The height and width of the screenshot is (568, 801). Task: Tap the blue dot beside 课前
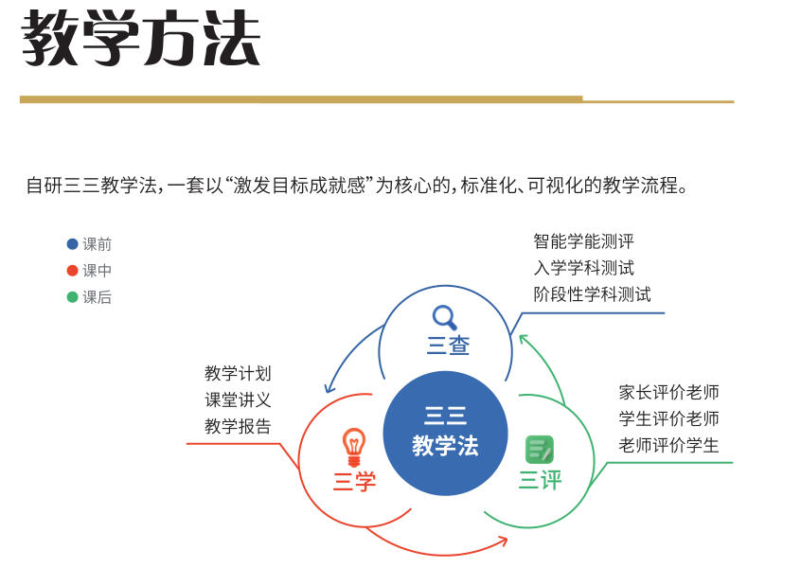click(x=72, y=244)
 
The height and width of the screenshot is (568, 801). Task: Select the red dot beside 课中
click(x=72, y=271)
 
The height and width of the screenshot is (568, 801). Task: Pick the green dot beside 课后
click(x=72, y=297)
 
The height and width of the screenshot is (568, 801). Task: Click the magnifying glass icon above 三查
click(x=444, y=316)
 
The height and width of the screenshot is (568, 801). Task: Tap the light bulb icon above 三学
click(x=353, y=443)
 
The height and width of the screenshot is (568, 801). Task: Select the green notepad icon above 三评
click(x=540, y=449)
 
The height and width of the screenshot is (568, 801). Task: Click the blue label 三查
click(x=448, y=346)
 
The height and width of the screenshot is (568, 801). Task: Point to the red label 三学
click(x=354, y=482)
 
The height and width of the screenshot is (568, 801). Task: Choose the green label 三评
click(x=540, y=480)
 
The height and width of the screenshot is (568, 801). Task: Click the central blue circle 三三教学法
click(x=445, y=433)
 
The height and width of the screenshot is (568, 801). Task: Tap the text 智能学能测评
click(x=583, y=241)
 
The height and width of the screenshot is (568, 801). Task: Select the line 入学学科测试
click(x=583, y=268)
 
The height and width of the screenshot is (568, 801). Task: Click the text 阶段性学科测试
click(x=592, y=294)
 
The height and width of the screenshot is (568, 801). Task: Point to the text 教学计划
click(x=238, y=374)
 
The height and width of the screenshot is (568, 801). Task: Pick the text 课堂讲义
click(x=238, y=400)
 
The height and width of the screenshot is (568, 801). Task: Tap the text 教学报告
click(x=238, y=427)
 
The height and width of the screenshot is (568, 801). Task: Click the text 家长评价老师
click(x=669, y=392)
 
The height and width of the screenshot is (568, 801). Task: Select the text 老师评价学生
click(x=669, y=445)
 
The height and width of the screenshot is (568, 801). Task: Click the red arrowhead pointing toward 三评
click(x=503, y=541)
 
